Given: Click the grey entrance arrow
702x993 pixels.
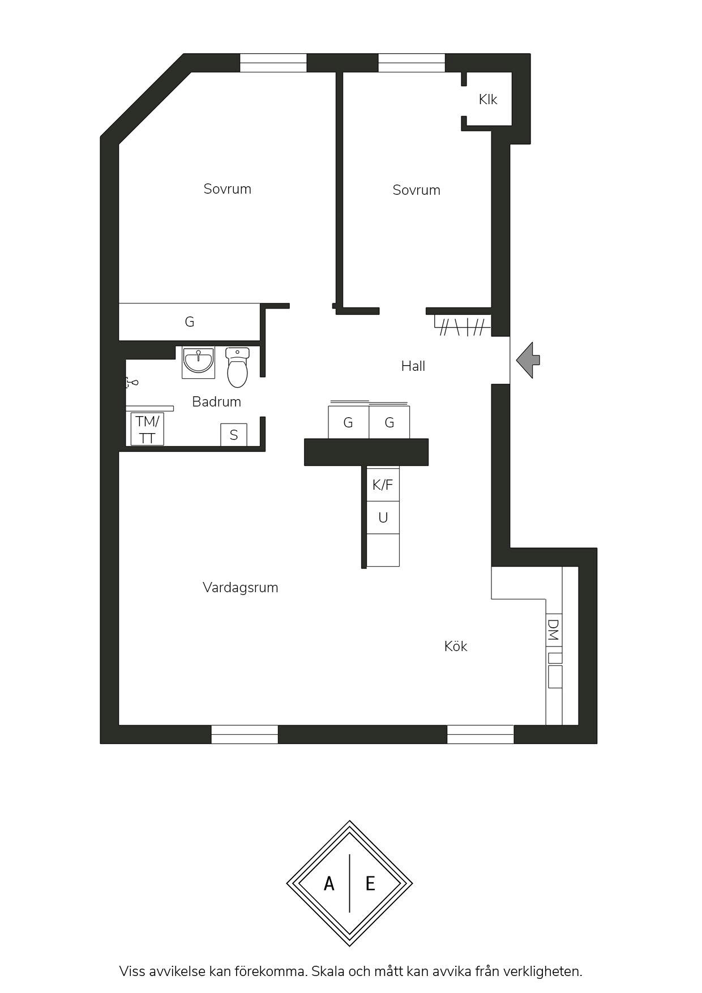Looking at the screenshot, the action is point(528,359).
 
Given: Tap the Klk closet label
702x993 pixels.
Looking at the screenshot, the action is point(487,100).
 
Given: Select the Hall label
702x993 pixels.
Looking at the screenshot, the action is point(413,366).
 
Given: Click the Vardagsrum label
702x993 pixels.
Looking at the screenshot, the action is point(240,588).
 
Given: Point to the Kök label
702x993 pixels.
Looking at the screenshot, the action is point(456,647).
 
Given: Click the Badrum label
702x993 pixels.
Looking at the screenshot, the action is point(216,402).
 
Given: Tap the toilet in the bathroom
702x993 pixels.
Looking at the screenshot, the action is point(237,367).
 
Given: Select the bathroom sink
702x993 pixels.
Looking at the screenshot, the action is point(198,362).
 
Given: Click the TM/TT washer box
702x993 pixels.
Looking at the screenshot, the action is point(147,429).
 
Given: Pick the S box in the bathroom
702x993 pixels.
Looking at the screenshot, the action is point(234,435).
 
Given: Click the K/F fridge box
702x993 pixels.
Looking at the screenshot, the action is point(383,484).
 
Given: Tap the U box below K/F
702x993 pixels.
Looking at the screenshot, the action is point(383,517).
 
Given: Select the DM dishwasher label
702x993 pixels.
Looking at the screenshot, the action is point(553,630).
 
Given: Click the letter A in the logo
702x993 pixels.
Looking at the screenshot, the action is point(329,884).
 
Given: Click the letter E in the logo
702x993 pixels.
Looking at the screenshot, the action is point(370,884).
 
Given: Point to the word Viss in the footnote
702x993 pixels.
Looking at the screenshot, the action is point(132,971).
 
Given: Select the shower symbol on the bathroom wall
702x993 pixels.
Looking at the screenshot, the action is point(131,383).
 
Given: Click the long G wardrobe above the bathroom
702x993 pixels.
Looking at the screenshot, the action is point(189,322).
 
